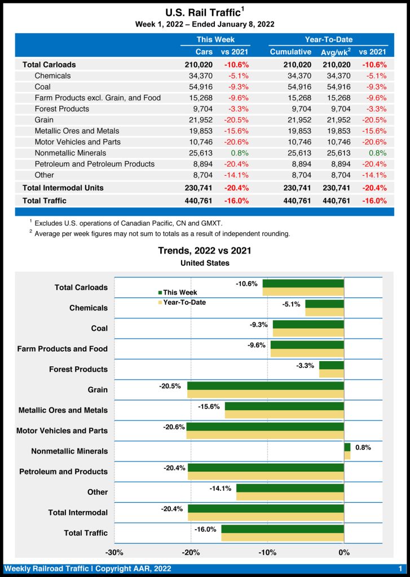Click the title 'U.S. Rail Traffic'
(202, 12)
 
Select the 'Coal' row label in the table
(42, 87)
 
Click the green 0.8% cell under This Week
(238, 153)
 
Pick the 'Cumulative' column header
(290, 52)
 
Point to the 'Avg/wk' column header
(336, 52)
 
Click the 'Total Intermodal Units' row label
(63, 188)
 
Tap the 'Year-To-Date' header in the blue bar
(328, 39)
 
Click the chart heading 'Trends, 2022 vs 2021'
(205, 251)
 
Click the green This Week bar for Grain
(265, 385)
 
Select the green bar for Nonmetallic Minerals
(347, 447)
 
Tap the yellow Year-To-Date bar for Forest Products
(331, 374)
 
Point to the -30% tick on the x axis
(114, 552)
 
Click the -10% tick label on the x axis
(267, 552)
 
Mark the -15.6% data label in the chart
(209, 406)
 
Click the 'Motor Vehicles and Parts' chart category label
(62, 431)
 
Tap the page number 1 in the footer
(400, 569)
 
